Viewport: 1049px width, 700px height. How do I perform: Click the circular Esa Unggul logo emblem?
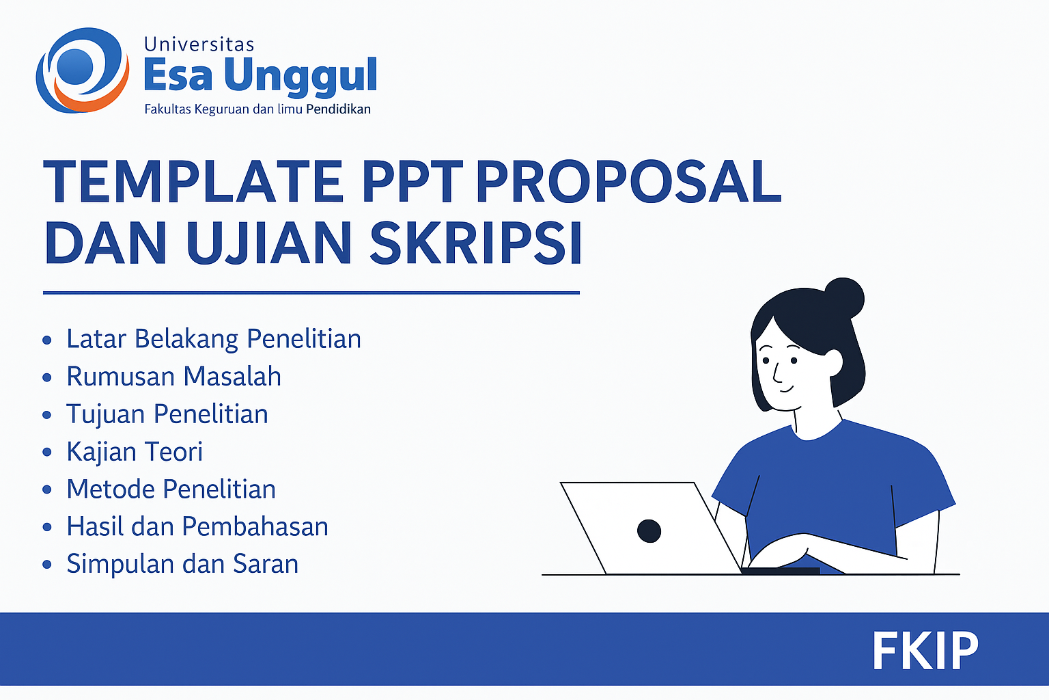point(83,70)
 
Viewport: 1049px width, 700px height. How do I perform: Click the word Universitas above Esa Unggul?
point(199,44)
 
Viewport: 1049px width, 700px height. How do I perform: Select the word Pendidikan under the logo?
point(338,109)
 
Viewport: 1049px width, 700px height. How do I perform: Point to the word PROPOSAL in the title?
point(628,181)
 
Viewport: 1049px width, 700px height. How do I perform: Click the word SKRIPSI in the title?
point(476,243)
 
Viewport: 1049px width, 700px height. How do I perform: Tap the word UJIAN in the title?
point(269,243)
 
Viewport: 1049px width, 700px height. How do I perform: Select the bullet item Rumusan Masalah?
point(173,376)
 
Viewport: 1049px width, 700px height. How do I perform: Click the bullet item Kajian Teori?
point(135,452)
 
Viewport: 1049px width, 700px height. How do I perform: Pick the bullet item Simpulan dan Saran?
point(182,563)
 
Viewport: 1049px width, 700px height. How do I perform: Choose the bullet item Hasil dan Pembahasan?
point(197,526)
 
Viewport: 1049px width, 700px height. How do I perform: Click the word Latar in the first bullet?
point(96,338)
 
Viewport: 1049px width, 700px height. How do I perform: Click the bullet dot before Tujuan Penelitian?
point(47,415)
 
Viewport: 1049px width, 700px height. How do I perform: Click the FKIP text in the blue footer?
point(925,651)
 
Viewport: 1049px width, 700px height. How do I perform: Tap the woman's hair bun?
point(843,298)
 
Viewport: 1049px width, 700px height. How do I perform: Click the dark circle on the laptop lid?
point(649,531)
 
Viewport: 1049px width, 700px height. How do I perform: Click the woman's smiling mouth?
point(787,389)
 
